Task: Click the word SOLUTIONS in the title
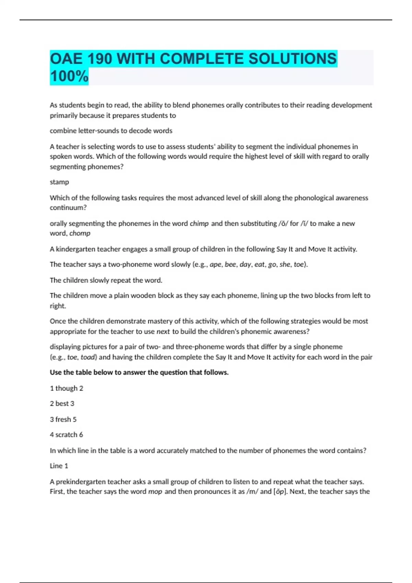coord(292,59)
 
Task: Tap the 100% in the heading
coord(69,76)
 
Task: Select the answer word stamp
coord(59,182)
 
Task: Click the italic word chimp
coord(199,224)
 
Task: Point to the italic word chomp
coord(80,234)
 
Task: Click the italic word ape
coord(215,264)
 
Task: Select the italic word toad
coord(88,357)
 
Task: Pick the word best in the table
coord(62,404)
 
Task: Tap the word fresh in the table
coord(63,419)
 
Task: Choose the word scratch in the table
coord(67,435)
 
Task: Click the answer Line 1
coord(59,466)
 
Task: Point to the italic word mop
coord(155,491)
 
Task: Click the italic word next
coord(163,332)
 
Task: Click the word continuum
coord(68,208)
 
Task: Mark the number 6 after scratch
coord(81,435)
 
